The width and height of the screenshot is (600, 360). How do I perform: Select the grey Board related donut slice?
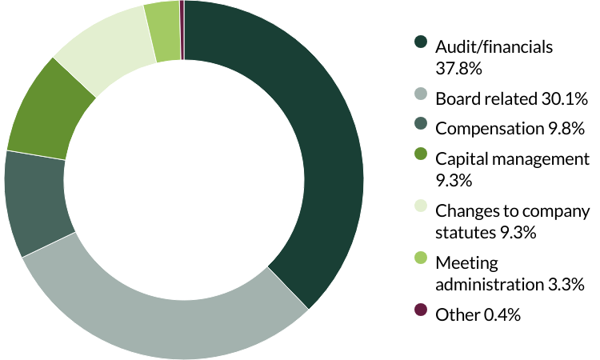(x=160, y=312)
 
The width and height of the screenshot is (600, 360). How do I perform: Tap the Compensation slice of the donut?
(x=36, y=200)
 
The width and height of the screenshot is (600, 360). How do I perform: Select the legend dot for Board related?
(x=421, y=100)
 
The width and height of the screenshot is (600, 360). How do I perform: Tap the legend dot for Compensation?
(x=421, y=126)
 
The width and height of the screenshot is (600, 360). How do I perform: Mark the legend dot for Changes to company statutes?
(x=421, y=210)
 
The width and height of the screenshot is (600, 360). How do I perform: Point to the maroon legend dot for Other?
(x=421, y=314)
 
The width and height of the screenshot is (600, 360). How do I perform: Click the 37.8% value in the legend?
(x=458, y=69)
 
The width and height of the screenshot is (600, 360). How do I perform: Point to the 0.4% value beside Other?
(x=502, y=315)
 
